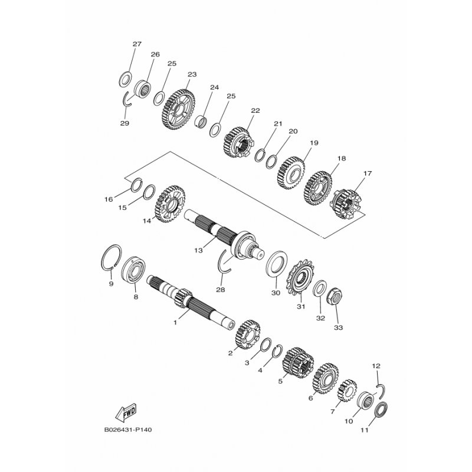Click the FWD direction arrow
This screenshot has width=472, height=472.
click(x=126, y=412)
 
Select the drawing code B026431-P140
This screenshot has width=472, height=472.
click(x=128, y=430)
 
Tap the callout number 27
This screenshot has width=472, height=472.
click(x=137, y=44)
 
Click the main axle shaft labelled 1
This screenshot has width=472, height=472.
click(x=190, y=301)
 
